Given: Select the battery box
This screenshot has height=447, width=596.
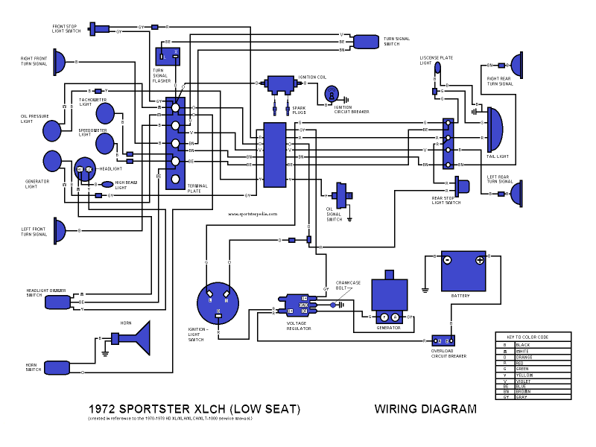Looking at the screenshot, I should pyautogui.click(x=463, y=271).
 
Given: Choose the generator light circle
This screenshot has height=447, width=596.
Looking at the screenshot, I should pyautogui.click(x=52, y=160).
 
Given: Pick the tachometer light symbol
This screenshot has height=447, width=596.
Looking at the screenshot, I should pyautogui.click(x=106, y=112).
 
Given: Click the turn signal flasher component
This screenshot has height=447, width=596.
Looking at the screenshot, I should pyautogui.click(x=168, y=56).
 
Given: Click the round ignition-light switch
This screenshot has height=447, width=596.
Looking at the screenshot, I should pyautogui.click(x=217, y=302).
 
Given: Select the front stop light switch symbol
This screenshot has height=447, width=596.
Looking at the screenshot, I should pyautogui.click(x=99, y=29).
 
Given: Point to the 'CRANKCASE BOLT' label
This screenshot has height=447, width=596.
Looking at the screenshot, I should pyautogui.click(x=348, y=285).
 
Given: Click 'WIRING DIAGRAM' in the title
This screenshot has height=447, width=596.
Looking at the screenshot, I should pyautogui.click(x=425, y=409).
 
